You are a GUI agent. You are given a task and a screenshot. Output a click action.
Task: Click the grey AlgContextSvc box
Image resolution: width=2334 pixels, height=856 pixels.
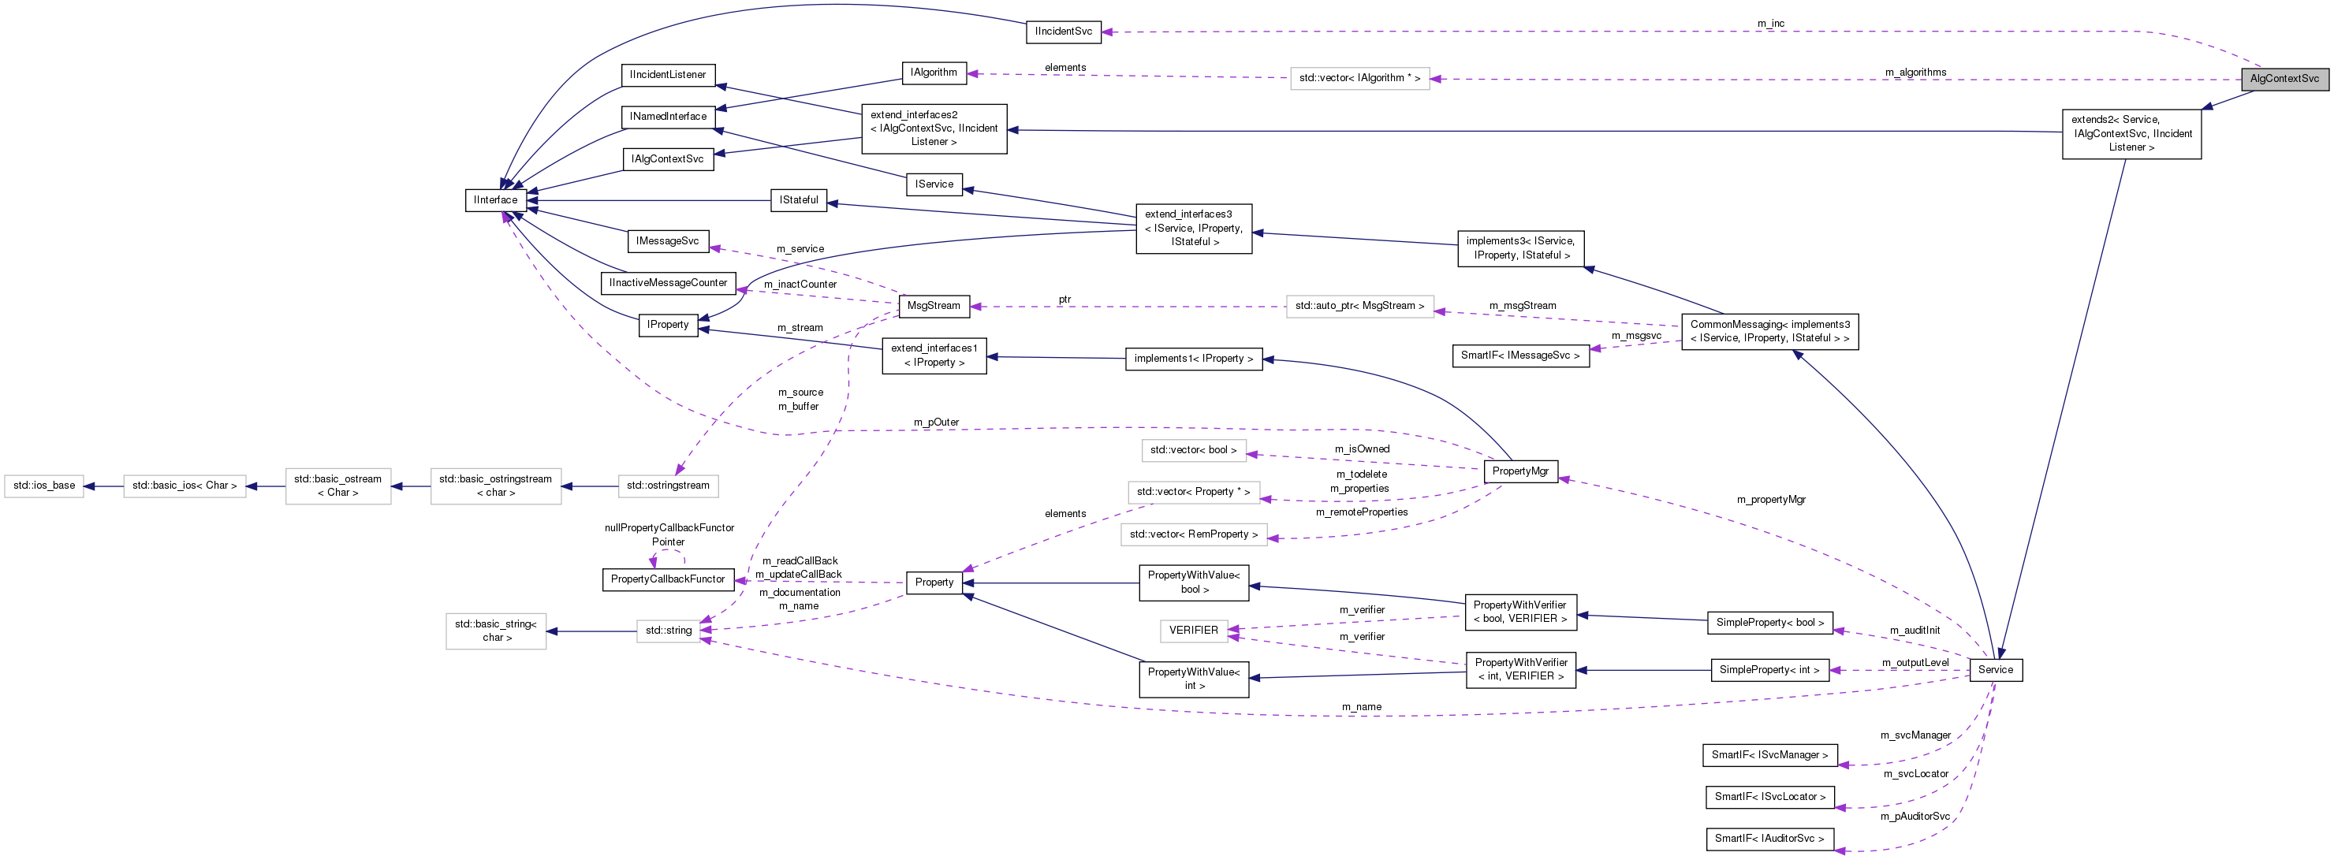2284,79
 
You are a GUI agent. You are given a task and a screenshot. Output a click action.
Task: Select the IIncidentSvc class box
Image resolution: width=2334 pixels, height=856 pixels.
1064,32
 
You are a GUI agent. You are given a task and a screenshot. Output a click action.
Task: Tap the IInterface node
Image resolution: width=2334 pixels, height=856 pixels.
496,200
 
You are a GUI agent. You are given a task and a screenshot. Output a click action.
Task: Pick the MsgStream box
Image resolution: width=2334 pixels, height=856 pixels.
934,306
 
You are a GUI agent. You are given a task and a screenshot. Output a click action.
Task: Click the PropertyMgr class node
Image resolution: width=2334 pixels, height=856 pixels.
1520,471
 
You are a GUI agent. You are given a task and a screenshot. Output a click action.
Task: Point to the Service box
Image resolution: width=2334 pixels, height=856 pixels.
1995,670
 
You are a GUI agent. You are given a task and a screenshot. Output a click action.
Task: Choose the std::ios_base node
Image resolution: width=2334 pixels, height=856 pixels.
44,486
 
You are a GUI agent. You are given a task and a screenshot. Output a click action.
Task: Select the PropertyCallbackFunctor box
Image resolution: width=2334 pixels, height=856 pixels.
668,579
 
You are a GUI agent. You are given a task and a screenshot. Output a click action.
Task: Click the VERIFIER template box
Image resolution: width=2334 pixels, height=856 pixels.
1193,631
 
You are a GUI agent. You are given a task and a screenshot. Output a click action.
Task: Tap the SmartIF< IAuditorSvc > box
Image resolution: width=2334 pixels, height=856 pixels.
1769,839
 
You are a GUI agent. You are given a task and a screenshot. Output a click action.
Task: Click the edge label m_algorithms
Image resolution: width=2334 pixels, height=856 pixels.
1915,73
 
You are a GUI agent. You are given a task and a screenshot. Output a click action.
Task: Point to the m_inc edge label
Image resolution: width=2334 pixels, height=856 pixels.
1770,24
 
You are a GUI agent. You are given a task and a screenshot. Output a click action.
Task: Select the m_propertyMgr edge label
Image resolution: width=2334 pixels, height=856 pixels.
1770,500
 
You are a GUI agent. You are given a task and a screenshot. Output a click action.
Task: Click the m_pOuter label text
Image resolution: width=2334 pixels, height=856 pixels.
936,422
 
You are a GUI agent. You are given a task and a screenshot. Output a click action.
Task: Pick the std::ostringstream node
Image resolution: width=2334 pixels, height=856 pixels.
668,486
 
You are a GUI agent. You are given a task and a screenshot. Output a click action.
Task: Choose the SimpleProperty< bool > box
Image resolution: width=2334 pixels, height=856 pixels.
1769,623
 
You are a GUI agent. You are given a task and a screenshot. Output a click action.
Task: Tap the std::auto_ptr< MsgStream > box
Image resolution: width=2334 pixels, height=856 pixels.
1359,306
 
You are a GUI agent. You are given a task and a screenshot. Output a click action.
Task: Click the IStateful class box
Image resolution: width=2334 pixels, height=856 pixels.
798,200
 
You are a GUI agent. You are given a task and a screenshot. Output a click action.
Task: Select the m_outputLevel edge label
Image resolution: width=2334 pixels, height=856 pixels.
1915,663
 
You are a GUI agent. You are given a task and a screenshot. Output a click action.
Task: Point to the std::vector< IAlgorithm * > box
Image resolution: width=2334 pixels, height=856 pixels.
1359,79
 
